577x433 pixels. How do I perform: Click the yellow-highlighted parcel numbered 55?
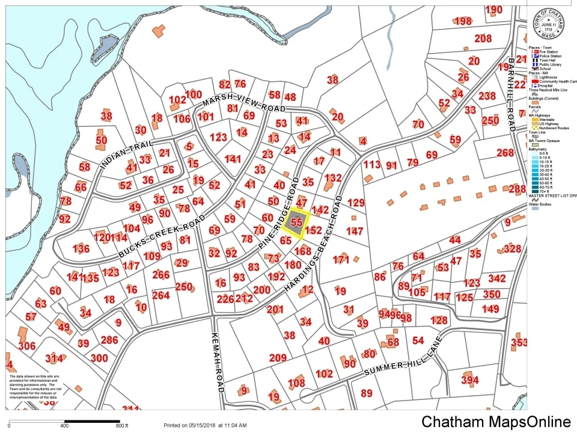(x=296, y=222)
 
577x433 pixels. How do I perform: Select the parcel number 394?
(x=469, y=380)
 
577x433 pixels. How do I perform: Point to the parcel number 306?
(x=26, y=346)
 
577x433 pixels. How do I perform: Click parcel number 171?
(x=341, y=260)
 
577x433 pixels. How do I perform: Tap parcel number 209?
(x=278, y=358)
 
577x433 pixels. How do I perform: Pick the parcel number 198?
(x=463, y=21)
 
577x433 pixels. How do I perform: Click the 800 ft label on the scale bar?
(x=122, y=426)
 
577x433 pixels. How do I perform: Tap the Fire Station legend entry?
(x=548, y=52)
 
